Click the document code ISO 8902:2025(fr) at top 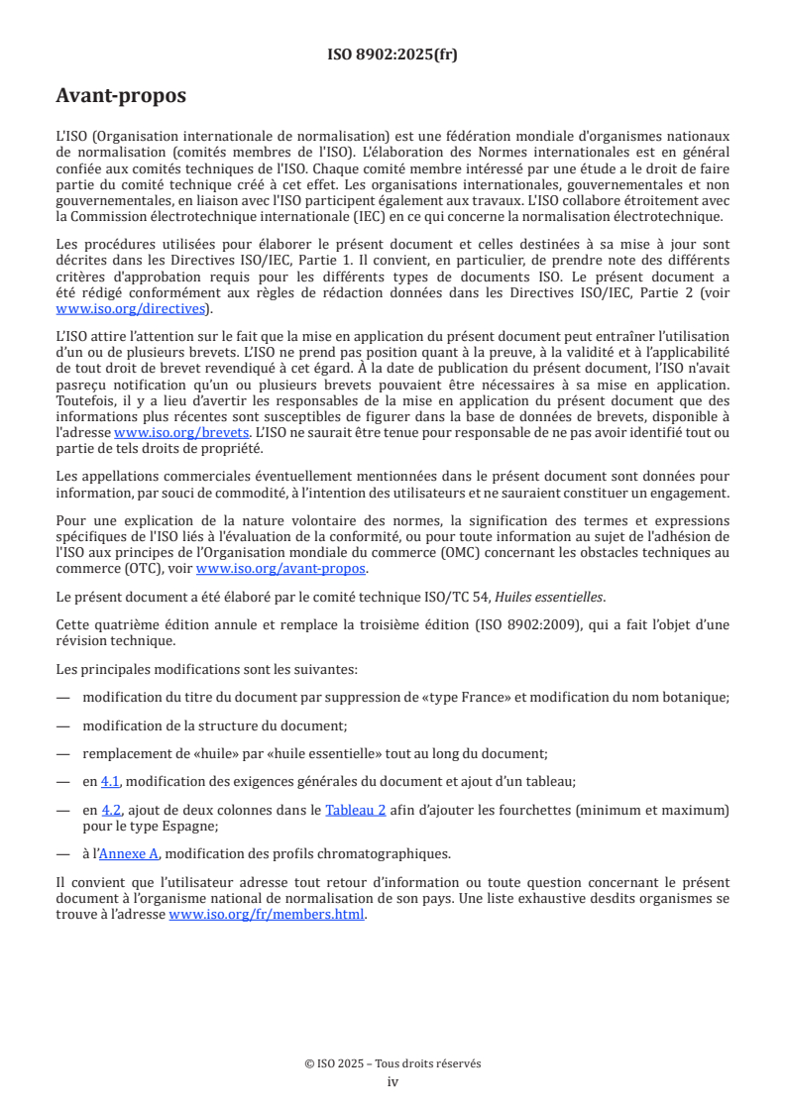[393, 55]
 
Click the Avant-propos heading [121, 96]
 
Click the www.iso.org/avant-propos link [281, 568]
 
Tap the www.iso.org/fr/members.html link [268, 915]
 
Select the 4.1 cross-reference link [111, 781]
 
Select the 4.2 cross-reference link [111, 810]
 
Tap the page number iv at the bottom [393, 1081]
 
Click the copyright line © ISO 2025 [393, 1063]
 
